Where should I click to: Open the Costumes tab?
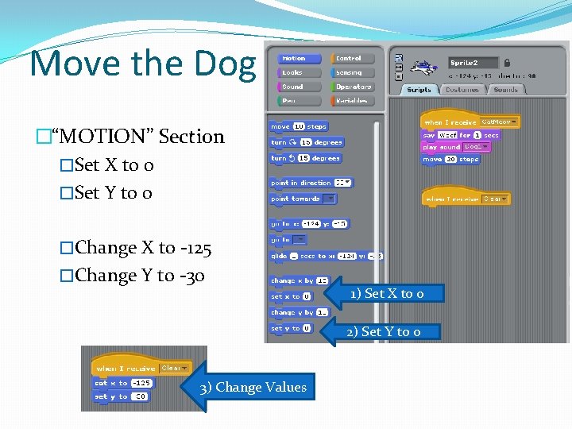(462, 90)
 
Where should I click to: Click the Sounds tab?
(505, 90)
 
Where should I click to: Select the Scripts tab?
(419, 90)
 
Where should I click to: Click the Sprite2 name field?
(473, 62)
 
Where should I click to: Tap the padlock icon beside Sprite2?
(508, 62)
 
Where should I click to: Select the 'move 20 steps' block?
(450, 159)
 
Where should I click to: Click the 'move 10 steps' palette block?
(298, 126)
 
